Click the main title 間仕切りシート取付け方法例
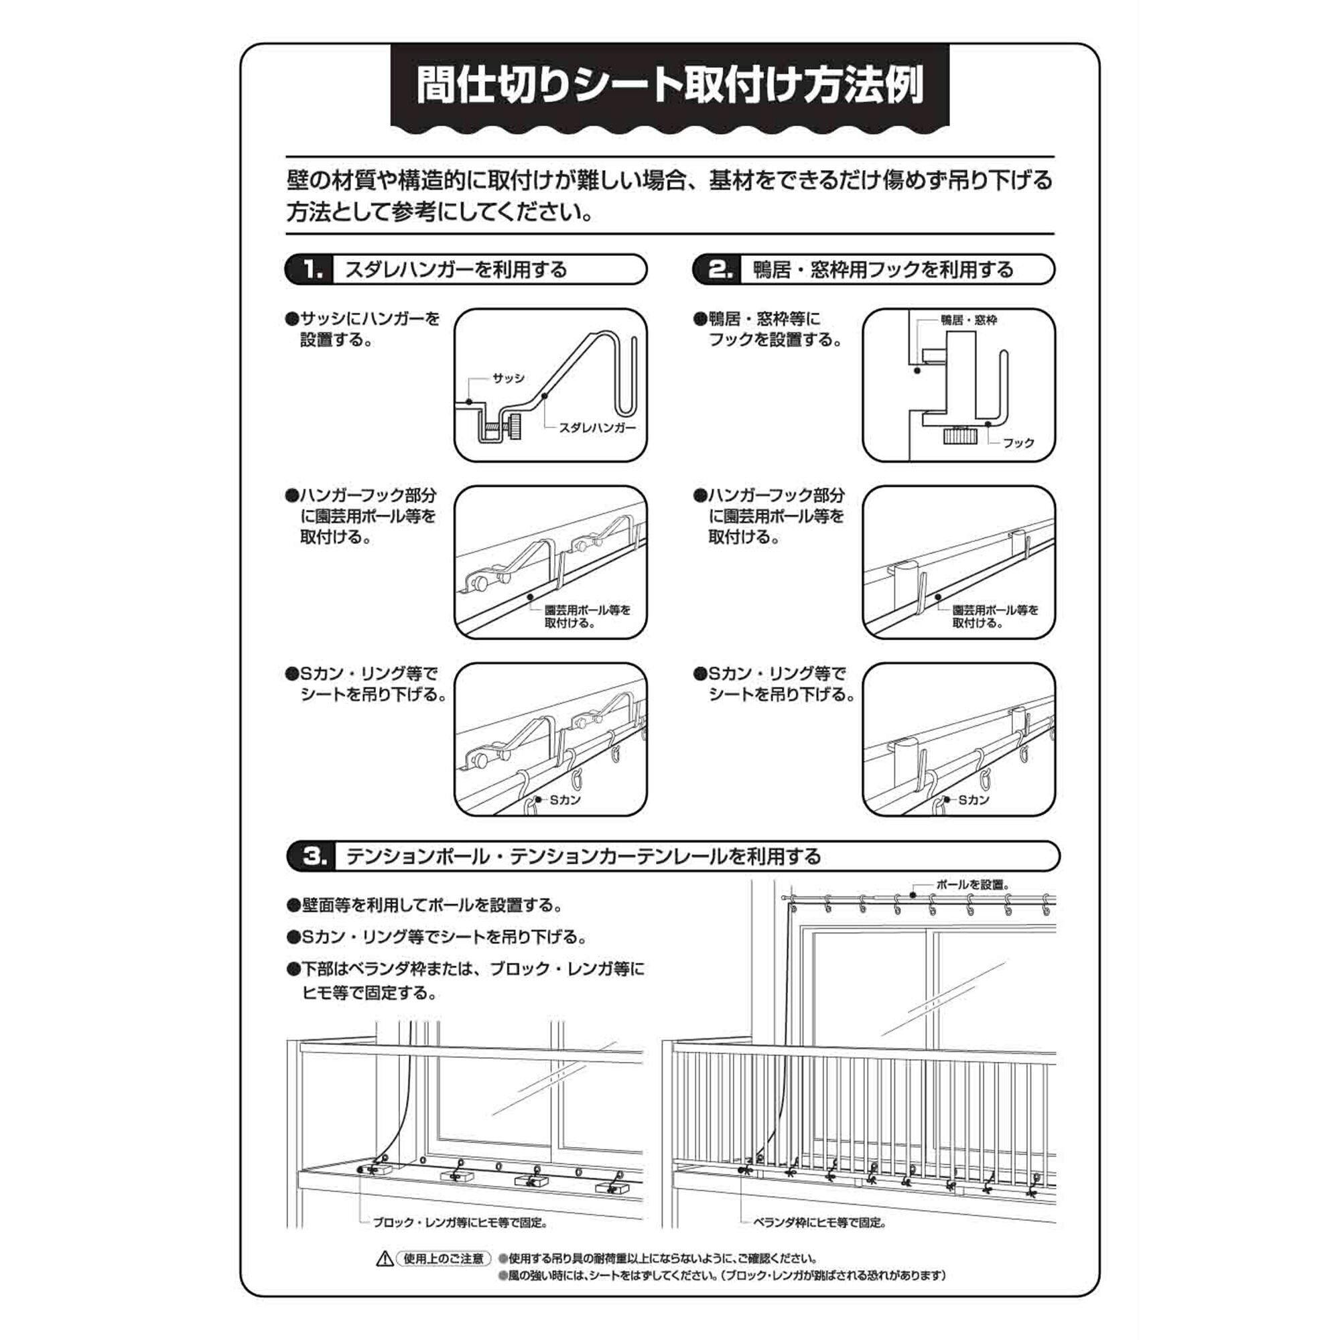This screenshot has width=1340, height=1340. tap(669, 85)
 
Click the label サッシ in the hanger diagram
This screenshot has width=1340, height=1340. tap(509, 378)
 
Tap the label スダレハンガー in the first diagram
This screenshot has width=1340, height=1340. tap(597, 428)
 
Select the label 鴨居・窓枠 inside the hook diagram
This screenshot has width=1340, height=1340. tap(968, 320)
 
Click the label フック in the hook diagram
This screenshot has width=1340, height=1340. tap(1018, 442)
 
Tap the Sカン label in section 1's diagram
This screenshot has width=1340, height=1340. tap(565, 800)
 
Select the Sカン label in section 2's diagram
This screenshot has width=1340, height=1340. tap(973, 800)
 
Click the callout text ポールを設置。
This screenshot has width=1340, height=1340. tap(972, 885)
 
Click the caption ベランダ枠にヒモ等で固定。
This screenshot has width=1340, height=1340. tap(821, 1222)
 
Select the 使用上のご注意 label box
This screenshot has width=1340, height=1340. tap(443, 1259)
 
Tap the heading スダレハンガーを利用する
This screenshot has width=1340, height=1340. tap(456, 269)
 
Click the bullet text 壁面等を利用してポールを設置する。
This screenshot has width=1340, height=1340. tap(431, 905)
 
